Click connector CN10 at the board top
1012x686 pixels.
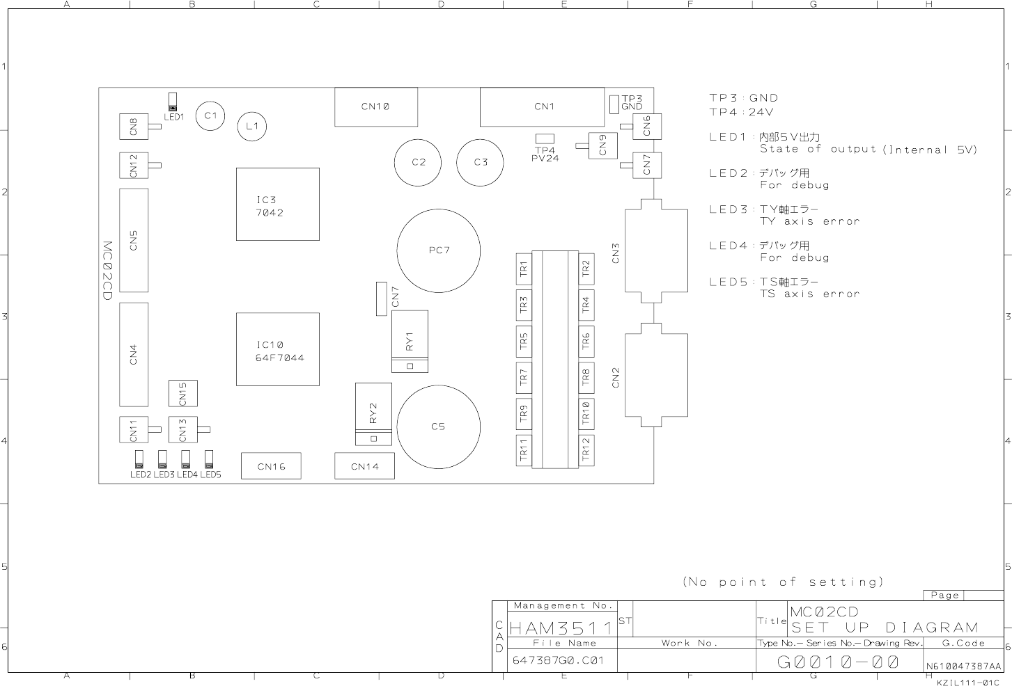(x=376, y=107)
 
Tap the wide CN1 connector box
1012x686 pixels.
(x=542, y=107)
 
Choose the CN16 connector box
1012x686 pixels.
(x=271, y=465)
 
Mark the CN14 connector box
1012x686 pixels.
(x=364, y=465)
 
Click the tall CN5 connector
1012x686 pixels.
(x=134, y=240)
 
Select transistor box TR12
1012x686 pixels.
(x=586, y=450)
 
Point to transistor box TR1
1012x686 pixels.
(x=524, y=269)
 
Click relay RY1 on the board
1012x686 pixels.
(x=410, y=341)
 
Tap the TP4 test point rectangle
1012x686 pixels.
(x=545, y=138)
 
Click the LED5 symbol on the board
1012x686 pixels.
(x=209, y=459)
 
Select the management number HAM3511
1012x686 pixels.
(x=561, y=628)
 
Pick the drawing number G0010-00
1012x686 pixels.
(x=838, y=662)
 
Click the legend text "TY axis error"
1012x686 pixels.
(x=809, y=221)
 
